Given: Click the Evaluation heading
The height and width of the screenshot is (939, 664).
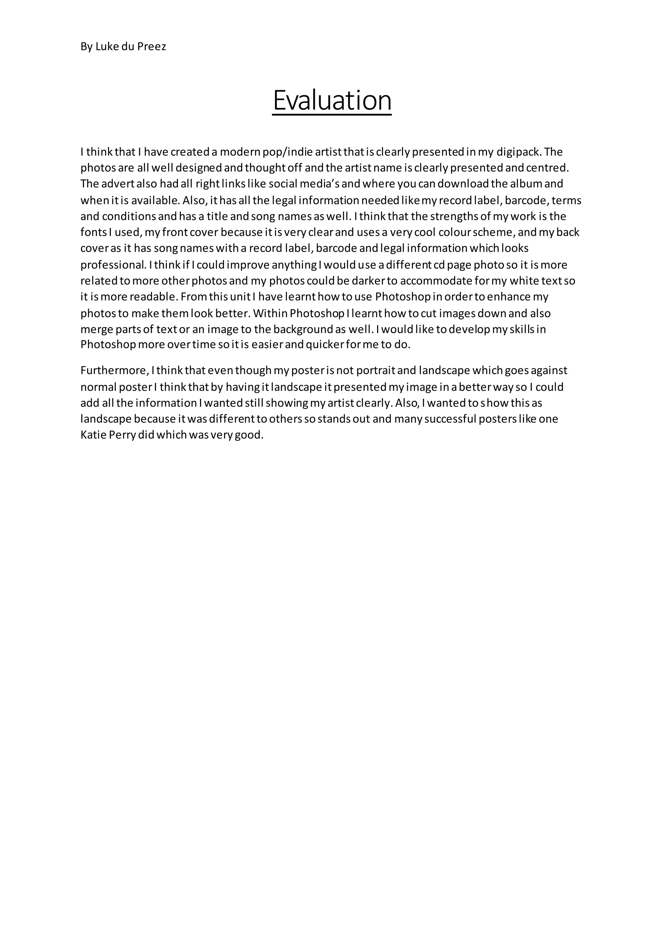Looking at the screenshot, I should [332, 100].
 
